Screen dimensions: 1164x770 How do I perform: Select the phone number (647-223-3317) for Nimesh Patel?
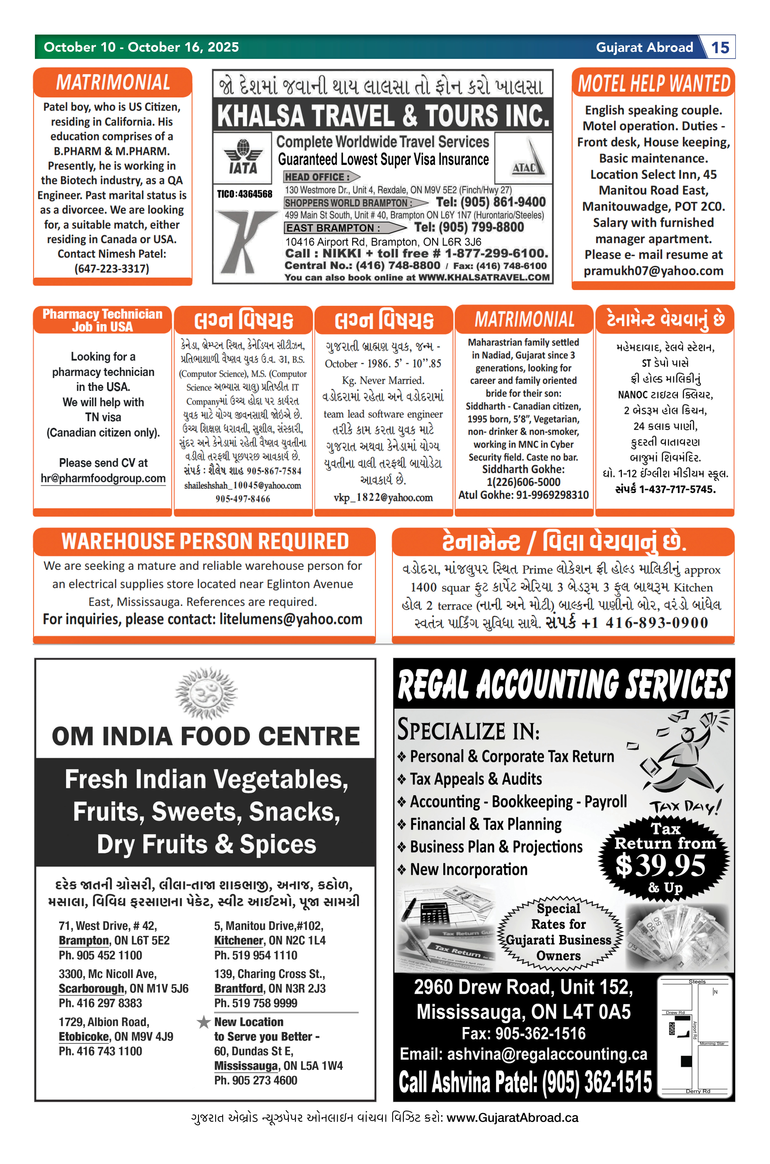click(x=112, y=269)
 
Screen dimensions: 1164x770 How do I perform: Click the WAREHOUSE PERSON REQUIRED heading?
click(x=205, y=541)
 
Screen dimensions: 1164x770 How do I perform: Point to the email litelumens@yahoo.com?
click(x=291, y=619)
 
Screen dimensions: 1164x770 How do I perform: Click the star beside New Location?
click(x=203, y=1022)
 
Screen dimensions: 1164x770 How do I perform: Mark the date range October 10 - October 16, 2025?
click(x=141, y=47)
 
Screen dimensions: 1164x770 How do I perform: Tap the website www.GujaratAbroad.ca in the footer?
click(x=512, y=1118)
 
